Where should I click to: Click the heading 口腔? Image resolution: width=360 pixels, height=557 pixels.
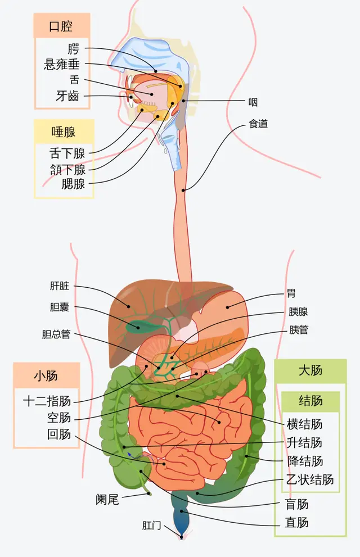point(61,26)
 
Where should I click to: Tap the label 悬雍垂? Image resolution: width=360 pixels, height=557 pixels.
point(65,64)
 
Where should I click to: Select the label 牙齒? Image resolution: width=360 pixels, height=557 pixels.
point(67,96)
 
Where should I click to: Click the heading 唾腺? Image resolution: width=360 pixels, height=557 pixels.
point(64,132)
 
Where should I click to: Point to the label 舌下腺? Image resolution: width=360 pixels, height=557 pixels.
point(67,153)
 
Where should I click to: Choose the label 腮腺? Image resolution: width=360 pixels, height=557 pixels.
point(73,183)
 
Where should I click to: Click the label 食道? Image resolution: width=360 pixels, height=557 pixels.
point(258,124)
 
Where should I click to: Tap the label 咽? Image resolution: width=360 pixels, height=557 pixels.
point(253,102)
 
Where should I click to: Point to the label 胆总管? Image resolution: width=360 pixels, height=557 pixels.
point(56,334)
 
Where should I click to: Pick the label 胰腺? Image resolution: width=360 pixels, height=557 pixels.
point(298,312)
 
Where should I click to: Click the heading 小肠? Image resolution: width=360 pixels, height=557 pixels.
point(46,375)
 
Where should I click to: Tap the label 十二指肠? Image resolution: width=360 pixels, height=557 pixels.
point(47,401)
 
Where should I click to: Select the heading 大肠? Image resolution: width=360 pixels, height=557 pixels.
point(310,370)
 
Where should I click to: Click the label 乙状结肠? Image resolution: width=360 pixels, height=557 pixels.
point(310,479)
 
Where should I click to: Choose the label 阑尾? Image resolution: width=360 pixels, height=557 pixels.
point(107,499)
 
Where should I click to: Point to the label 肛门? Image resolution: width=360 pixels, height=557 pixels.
point(152,526)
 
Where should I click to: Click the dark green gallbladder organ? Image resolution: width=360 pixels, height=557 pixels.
point(136,325)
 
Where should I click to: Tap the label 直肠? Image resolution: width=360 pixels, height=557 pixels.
point(296,523)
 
